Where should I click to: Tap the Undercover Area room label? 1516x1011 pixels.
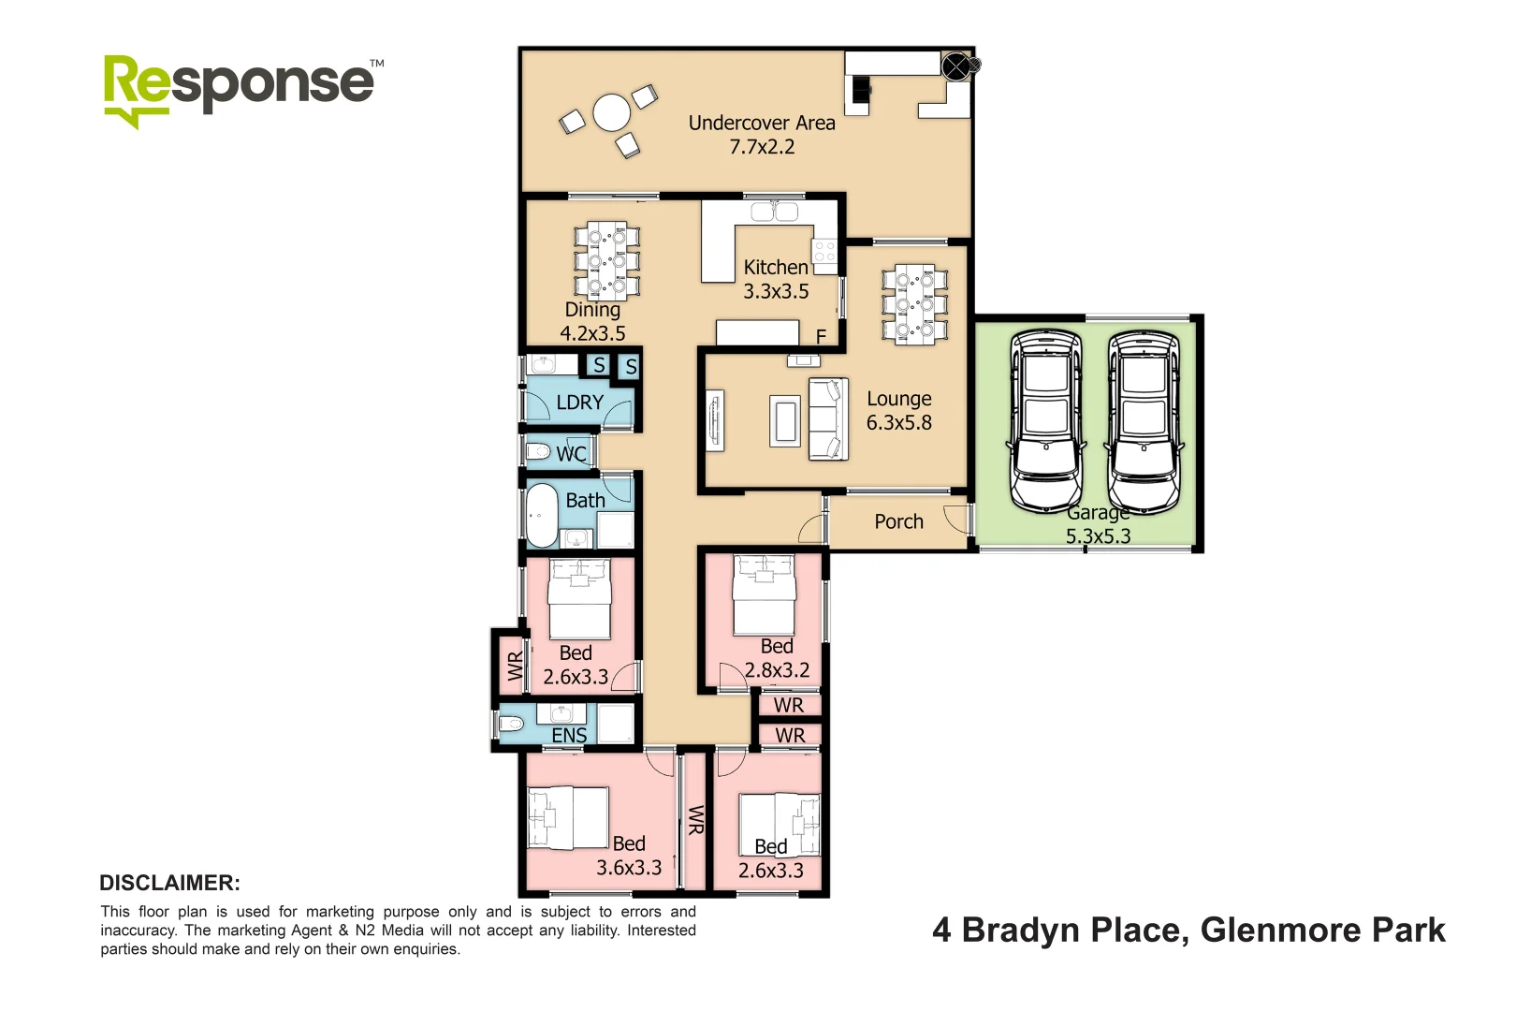762,124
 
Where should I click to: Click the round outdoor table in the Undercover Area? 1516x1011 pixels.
612,113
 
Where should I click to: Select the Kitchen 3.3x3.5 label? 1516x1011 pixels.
776,279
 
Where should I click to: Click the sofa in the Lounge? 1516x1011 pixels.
828,418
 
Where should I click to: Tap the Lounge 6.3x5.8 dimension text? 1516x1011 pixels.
898,422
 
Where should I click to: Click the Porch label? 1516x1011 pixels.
898,521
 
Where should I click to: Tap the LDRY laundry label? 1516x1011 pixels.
579,403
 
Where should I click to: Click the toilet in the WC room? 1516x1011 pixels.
538,452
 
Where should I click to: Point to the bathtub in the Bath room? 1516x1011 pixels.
541,515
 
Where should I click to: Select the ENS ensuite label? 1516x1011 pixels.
569,736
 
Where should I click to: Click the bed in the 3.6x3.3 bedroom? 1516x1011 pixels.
568,818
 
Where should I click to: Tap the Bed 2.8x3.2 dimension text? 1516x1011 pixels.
777,670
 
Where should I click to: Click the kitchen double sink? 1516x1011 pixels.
774,212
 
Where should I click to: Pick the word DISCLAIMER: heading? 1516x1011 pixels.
169,883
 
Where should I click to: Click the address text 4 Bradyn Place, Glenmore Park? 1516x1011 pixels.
1188,930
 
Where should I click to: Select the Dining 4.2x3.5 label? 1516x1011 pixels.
592,321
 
